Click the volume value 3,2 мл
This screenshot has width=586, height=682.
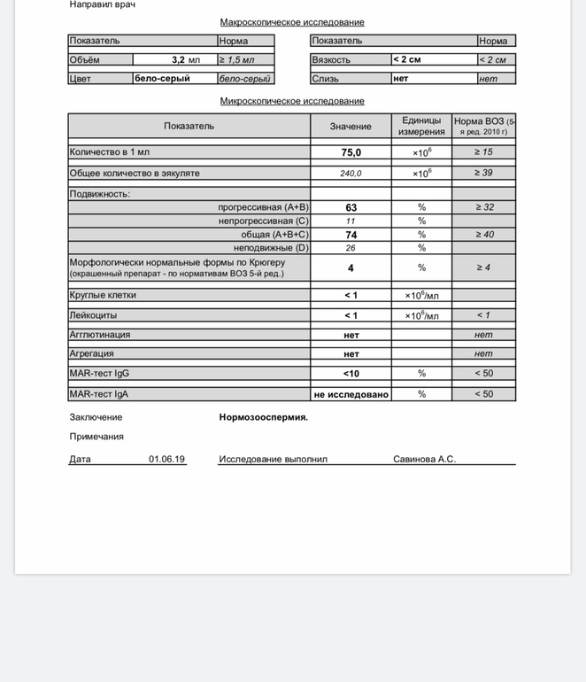[185, 60]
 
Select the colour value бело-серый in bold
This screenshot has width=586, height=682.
[162, 78]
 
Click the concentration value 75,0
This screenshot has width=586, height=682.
[351, 152]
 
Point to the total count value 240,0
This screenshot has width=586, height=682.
[351, 174]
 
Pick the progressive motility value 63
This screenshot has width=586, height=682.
[351, 207]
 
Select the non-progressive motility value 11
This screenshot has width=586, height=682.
[351, 221]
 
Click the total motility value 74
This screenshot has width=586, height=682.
[351, 235]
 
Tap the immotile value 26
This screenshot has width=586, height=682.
[351, 248]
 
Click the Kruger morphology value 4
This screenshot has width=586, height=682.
[351, 267]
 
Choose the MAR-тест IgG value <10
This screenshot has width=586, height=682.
[351, 374]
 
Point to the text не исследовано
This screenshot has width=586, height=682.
[351, 394]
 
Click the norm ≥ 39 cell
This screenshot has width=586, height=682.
[483, 173]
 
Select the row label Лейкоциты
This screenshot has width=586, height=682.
[93, 315]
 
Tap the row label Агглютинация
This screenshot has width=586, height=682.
[100, 335]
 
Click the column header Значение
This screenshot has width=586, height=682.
[351, 126]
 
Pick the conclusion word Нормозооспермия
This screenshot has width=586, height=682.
[264, 417]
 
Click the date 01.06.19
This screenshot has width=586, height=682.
[166, 459]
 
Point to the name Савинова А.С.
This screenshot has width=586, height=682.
[424, 459]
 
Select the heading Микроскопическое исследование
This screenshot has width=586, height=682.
[292, 101]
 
